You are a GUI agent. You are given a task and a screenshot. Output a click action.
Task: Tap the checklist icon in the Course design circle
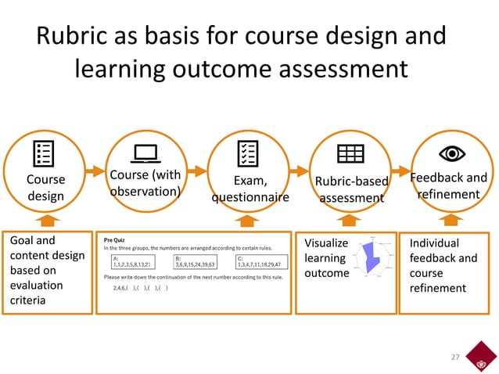pyautogui.click(x=45, y=153)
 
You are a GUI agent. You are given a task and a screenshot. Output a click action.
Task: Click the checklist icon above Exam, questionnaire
pyautogui.click(x=247, y=153)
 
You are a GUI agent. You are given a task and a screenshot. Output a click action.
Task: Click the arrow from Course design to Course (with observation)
pyautogui.click(x=94, y=170)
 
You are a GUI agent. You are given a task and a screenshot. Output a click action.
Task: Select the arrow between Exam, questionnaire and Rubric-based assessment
pyautogui.click(x=298, y=170)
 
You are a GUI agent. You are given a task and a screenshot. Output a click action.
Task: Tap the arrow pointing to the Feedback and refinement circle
pyautogui.click(x=400, y=170)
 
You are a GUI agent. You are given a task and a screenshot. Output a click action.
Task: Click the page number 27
pyautogui.click(x=453, y=357)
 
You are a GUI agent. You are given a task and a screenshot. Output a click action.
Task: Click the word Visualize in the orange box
pyautogui.click(x=325, y=243)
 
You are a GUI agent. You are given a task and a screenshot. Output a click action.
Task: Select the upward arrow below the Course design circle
pyautogui.click(x=46, y=220)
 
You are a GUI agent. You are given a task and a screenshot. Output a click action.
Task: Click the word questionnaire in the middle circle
pyautogui.click(x=249, y=197)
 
